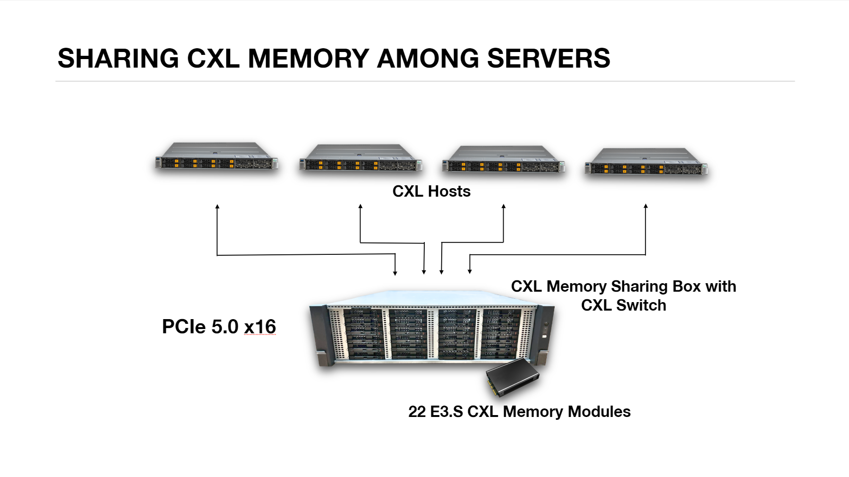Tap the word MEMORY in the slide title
pyautogui.click(x=309, y=59)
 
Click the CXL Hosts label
pyautogui.click(x=431, y=191)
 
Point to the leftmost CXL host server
pyautogui.click(x=217, y=156)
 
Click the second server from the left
pyautogui.click(x=360, y=158)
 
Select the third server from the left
pyautogui.click(x=504, y=160)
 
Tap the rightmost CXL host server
pyautogui.click(x=646, y=162)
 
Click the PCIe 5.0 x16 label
pyautogui.click(x=219, y=327)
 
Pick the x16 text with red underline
pyautogui.click(x=260, y=327)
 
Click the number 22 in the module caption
pyautogui.click(x=417, y=412)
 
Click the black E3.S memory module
pyautogui.click(x=513, y=376)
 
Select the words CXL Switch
pyautogui.click(x=624, y=305)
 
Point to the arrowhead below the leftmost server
pyautogui.click(x=217, y=207)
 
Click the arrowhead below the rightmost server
pyautogui.click(x=646, y=206)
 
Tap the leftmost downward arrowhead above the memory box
pyautogui.click(x=395, y=273)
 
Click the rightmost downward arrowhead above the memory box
pyautogui.click(x=470, y=271)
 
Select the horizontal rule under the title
pyautogui.click(x=425, y=81)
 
